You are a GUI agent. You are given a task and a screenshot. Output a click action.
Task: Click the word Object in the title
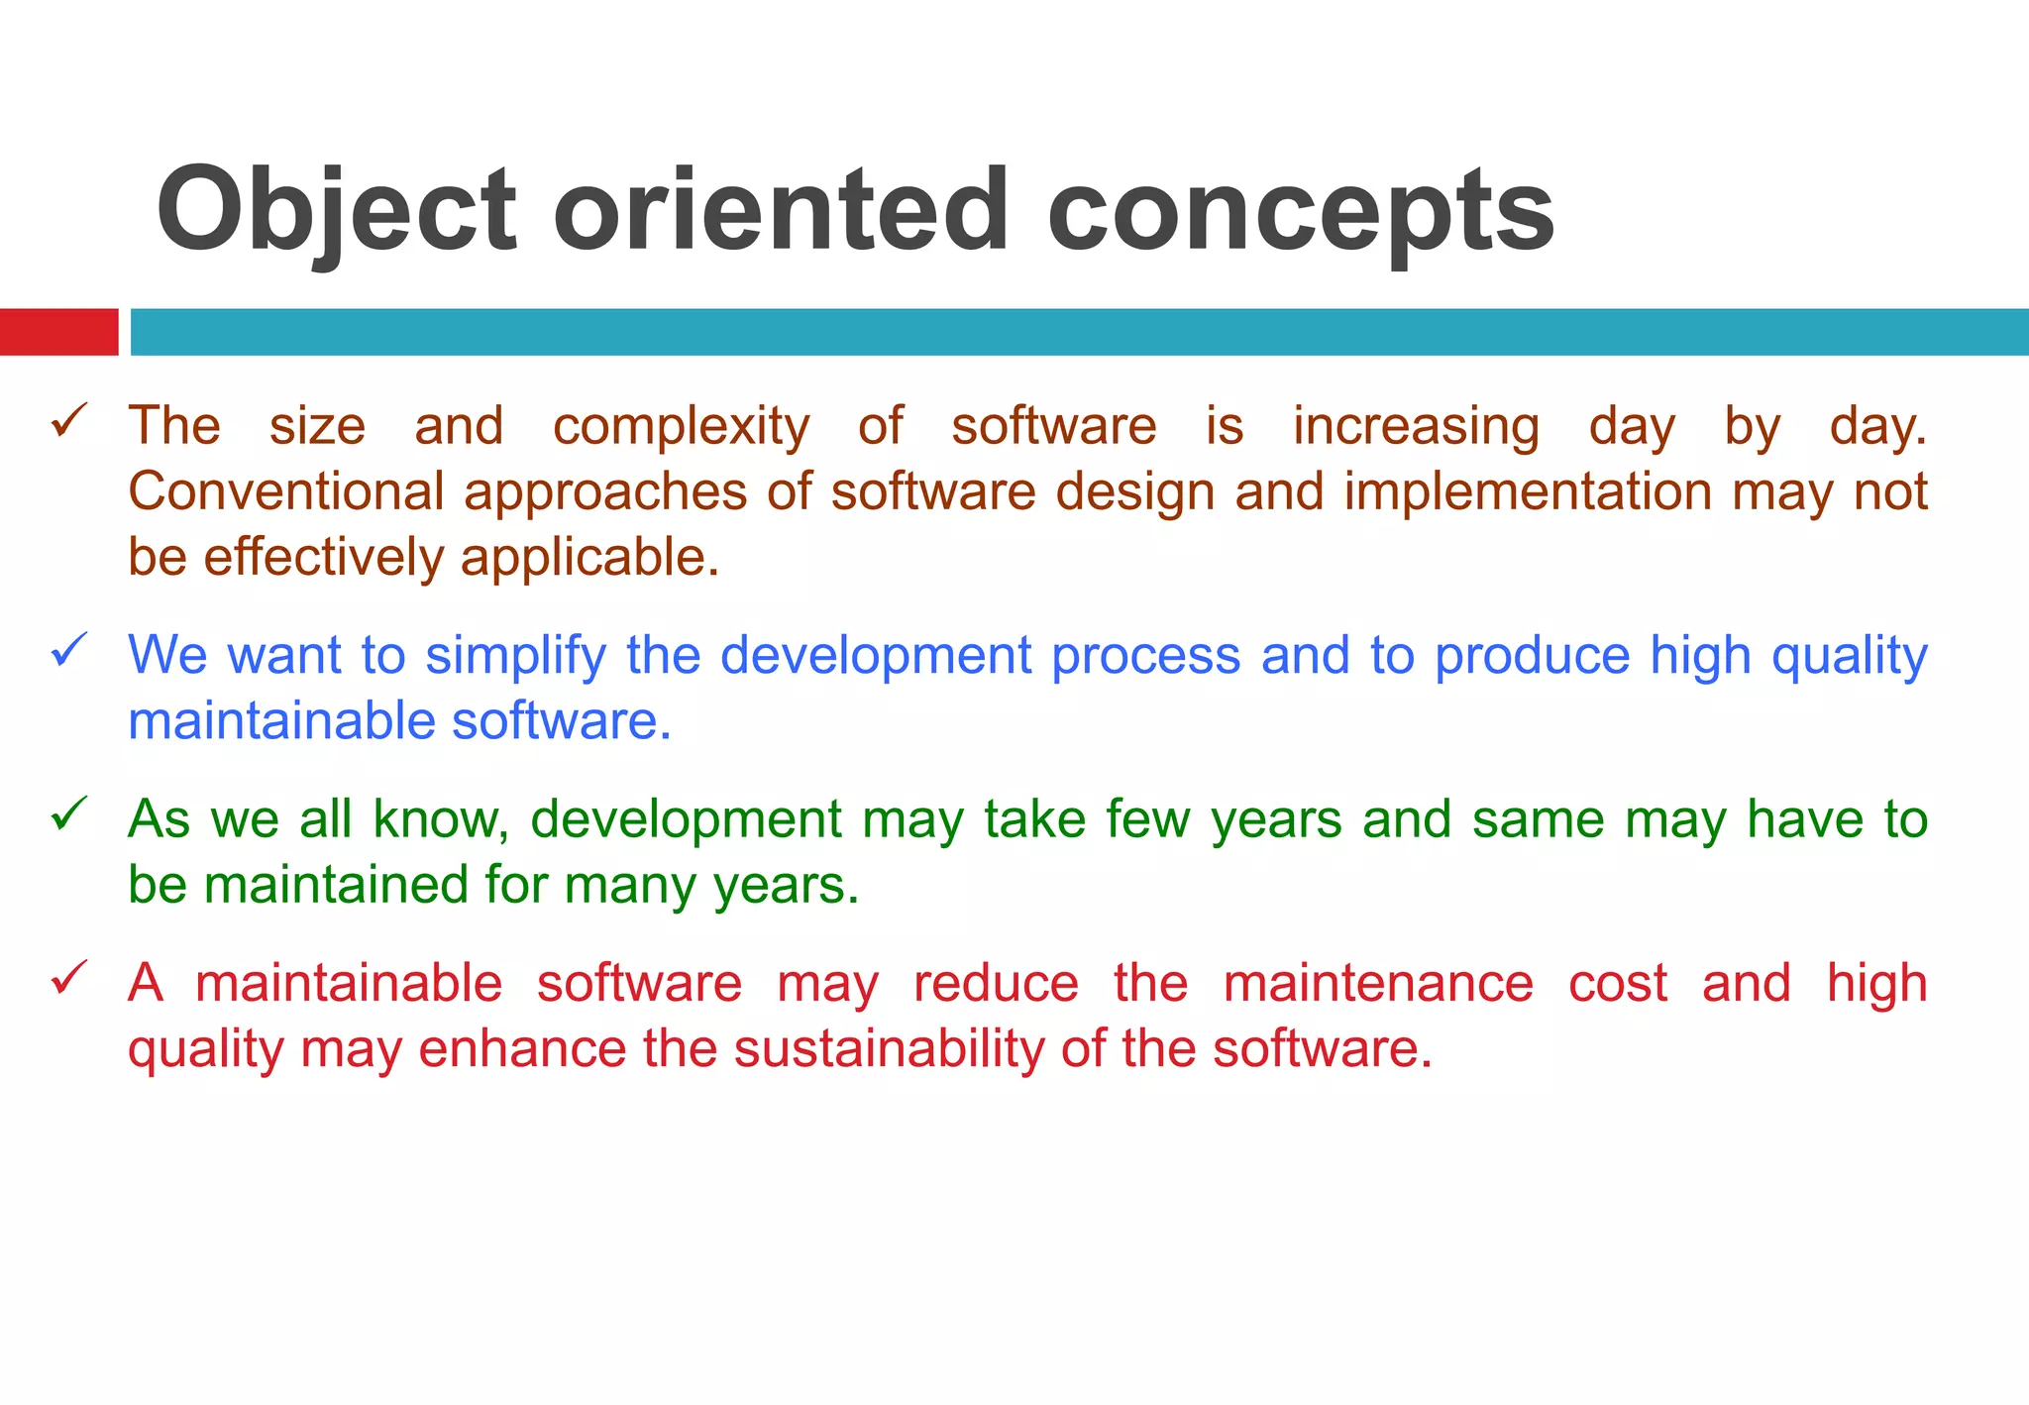(x=337, y=211)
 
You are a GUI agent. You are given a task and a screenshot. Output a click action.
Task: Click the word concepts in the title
(x=1300, y=211)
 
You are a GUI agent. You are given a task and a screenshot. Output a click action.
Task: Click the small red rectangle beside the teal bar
(x=58, y=332)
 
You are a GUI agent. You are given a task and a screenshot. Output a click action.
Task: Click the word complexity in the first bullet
(x=681, y=428)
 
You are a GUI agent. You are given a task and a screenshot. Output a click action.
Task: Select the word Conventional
(x=285, y=491)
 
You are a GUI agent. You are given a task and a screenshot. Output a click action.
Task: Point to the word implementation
(x=1528, y=491)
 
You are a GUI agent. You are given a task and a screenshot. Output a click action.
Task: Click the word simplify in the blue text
(x=515, y=656)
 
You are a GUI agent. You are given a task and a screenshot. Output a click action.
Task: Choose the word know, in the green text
(x=441, y=820)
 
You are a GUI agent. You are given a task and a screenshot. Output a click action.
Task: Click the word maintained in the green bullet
(x=335, y=885)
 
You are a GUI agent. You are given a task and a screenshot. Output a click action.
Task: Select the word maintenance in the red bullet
(x=1378, y=984)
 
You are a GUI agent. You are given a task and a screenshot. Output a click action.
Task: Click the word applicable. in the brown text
(x=589, y=558)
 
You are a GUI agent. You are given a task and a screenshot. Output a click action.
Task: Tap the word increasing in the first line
(x=1416, y=428)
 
